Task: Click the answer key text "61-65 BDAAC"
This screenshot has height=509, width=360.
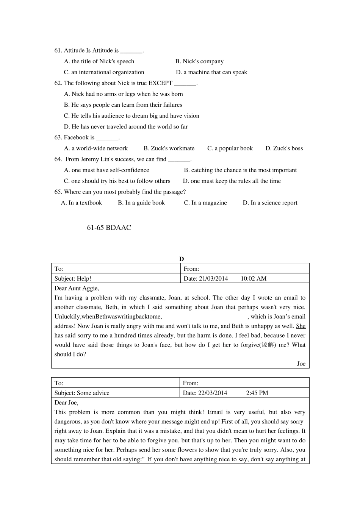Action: pos(109,228)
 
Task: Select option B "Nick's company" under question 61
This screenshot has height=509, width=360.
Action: pos(199,61)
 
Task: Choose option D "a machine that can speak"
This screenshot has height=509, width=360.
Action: pos(211,72)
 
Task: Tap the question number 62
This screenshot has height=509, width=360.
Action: pos(58,83)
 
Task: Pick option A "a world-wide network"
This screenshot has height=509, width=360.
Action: pos(96,148)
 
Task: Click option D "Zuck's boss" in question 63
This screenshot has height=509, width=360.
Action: pos(284,148)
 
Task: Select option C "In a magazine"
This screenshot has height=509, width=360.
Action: pos(205,203)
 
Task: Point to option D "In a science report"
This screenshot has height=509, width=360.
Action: pos(270,203)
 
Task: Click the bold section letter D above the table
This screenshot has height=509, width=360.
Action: pos(182,259)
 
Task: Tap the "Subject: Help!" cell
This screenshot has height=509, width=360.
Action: pos(73,279)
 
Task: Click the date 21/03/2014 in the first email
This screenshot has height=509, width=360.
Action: pos(213,279)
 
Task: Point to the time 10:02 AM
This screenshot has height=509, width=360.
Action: pos(254,279)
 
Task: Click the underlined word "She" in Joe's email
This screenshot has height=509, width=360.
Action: pos(301,326)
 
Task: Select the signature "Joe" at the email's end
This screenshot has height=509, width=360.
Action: pos(301,364)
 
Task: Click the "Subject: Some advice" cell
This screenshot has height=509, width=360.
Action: pos(82,393)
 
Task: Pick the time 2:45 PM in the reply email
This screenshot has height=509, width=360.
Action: pos(257,393)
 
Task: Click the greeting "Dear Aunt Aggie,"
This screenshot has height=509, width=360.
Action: pos(77,288)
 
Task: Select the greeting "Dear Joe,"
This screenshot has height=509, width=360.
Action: pos(66,403)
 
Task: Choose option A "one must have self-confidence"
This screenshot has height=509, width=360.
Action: pos(106,170)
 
